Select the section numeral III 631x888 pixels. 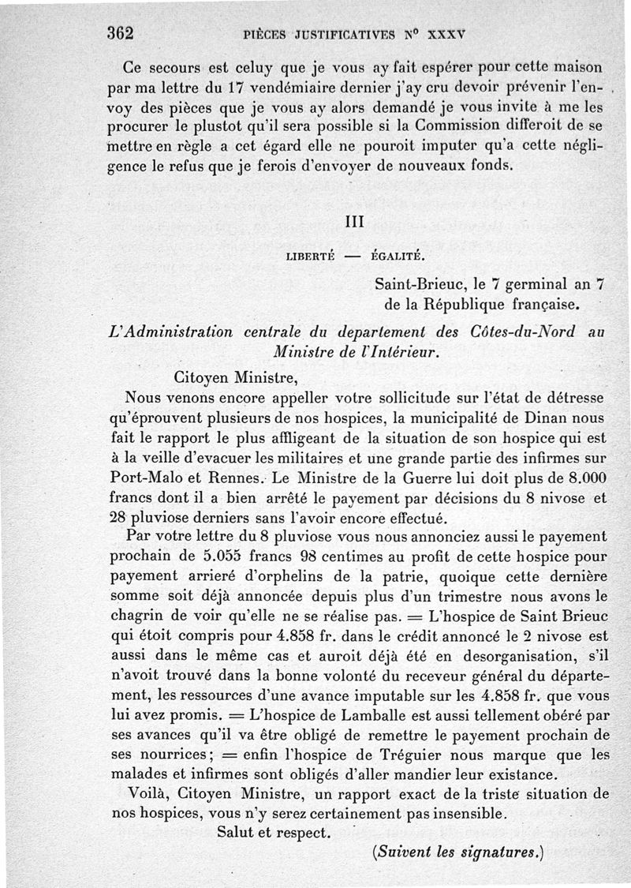pyautogui.click(x=356, y=223)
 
